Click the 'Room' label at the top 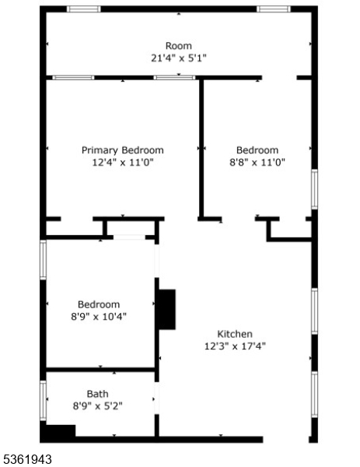click(x=178, y=46)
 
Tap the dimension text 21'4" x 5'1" click(x=178, y=58)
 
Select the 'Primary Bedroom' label click(x=123, y=150)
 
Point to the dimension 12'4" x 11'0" click(x=123, y=163)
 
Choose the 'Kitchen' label click(x=234, y=334)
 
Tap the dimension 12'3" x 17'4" click(x=234, y=346)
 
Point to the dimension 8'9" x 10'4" click(x=98, y=317)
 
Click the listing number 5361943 click(x=27, y=459)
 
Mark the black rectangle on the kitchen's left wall click(x=166, y=308)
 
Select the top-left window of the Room click(x=83, y=9)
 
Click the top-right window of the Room click(x=274, y=9)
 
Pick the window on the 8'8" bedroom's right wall click(x=314, y=188)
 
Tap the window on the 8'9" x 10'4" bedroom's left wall click(x=44, y=263)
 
